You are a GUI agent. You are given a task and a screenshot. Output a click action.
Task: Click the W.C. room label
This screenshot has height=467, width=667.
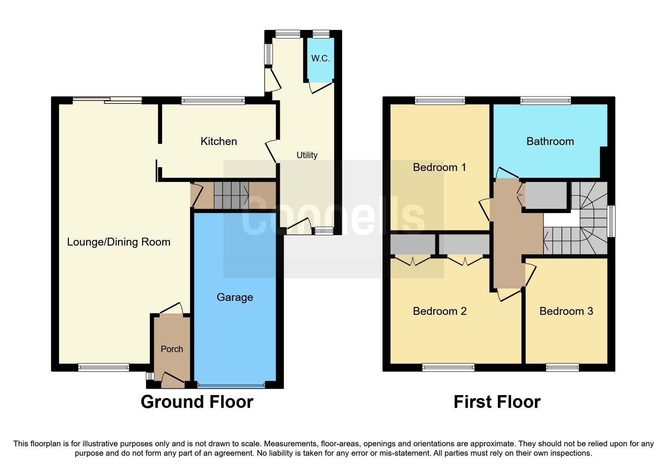pos(320,58)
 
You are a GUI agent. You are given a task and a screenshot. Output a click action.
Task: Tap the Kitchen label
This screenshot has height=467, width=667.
pos(218,141)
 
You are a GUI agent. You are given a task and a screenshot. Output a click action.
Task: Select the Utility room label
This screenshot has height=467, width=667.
pos(307,155)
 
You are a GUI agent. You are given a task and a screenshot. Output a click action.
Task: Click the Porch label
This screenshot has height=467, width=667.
pos(172,349)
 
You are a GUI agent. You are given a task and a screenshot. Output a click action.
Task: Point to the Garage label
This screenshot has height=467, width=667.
pos(235,297)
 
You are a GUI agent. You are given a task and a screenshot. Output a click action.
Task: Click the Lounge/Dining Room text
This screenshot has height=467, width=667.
pos(119,242)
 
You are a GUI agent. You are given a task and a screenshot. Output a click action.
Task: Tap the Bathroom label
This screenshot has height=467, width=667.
pos(550,141)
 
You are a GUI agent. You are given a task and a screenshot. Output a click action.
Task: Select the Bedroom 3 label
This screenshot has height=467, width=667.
pos(566,311)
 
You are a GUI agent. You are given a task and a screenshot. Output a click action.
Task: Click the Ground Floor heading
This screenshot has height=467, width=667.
pos(197,402)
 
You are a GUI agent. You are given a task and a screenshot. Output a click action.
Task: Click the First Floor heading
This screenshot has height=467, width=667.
pos(497,402)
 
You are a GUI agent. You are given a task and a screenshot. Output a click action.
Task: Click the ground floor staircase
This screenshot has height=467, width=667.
pos(231,195)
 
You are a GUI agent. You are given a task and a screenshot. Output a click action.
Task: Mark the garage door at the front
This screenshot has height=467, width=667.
pos(231,385)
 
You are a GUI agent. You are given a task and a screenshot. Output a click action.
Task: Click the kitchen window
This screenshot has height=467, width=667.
pos(213,101)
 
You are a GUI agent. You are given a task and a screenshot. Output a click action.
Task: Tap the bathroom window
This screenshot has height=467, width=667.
pos(545,101)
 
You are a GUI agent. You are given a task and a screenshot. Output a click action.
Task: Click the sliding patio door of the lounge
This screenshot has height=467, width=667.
pos(107,100)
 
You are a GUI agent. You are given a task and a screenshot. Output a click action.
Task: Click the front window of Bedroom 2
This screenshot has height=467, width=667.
pos(448,368)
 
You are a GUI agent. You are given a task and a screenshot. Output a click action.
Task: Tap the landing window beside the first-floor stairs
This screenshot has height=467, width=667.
pos(612,221)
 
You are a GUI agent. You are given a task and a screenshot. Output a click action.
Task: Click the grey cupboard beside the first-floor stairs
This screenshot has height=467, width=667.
pos(546,195)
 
